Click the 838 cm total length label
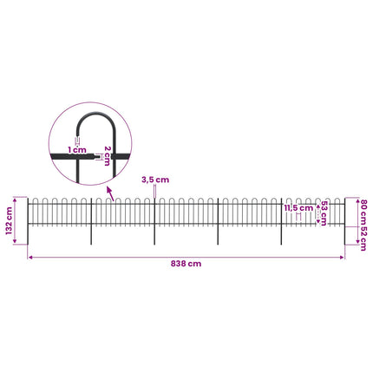pos(186,264)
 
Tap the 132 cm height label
pos(10,220)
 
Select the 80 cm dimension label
pos(363,212)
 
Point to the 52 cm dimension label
pos(363,238)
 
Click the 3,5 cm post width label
pos(155,180)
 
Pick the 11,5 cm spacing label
pos(298,208)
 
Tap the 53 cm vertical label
pos(324,213)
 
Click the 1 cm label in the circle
pos(77,150)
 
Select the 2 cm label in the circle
pos(107,156)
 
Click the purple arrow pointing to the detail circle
pos(110,193)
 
